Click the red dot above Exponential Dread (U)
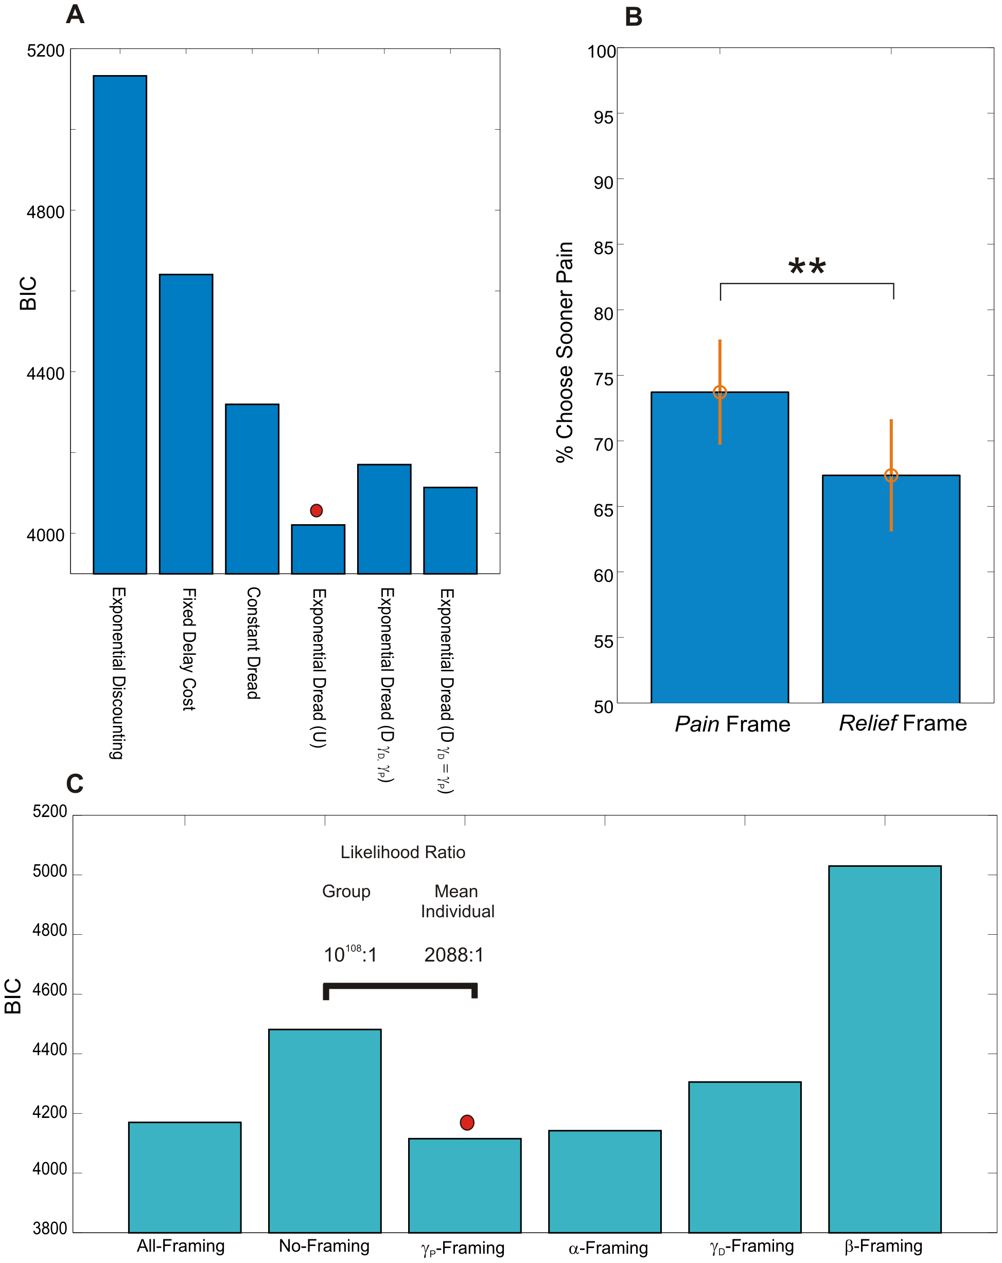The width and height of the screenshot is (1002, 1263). point(317,510)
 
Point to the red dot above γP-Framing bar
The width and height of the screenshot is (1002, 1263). point(467,1123)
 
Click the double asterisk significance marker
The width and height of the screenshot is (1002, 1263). point(807,268)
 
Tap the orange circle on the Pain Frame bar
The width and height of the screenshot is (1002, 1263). point(719,392)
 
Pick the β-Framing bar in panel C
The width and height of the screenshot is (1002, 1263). point(884,1048)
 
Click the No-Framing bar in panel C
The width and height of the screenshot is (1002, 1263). point(325,1131)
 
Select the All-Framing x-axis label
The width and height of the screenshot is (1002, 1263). point(181,1246)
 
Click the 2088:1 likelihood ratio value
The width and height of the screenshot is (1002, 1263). point(454,955)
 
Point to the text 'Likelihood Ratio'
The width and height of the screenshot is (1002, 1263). point(402,852)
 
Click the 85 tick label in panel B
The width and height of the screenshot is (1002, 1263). point(604,248)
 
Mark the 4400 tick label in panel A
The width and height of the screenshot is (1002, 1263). point(46,373)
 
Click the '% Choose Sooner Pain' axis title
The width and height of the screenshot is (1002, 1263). point(564,351)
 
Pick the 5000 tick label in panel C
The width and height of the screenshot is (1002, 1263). point(50,871)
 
